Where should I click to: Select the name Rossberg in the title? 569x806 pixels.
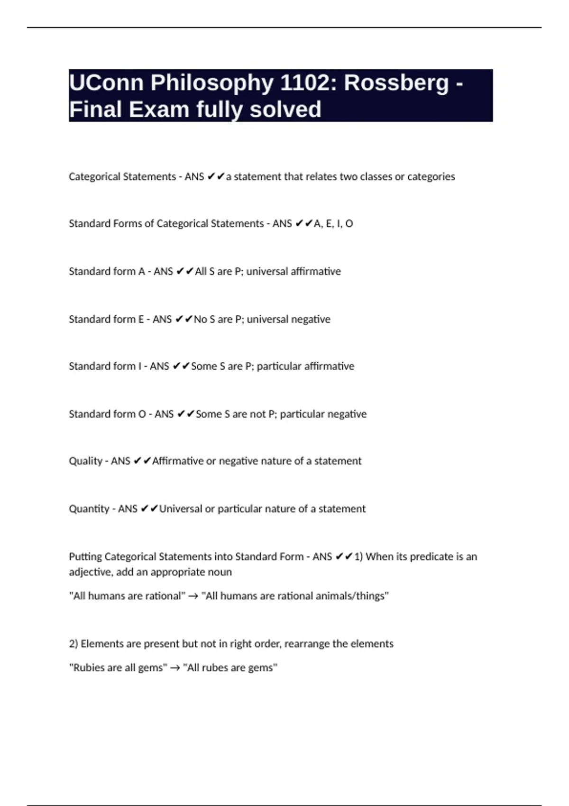pyautogui.click(x=396, y=82)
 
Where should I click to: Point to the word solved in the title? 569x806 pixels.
pyautogui.click(x=285, y=110)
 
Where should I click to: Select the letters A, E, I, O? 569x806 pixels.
pyautogui.click(x=333, y=223)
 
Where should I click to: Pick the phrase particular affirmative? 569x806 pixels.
pyautogui.click(x=305, y=366)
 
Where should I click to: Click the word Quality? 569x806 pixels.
pyautogui.click(x=85, y=461)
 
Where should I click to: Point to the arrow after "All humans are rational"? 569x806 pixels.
pyautogui.click(x=193, y=596)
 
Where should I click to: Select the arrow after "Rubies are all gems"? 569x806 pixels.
pyautogui.click(x=175, y=668)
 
